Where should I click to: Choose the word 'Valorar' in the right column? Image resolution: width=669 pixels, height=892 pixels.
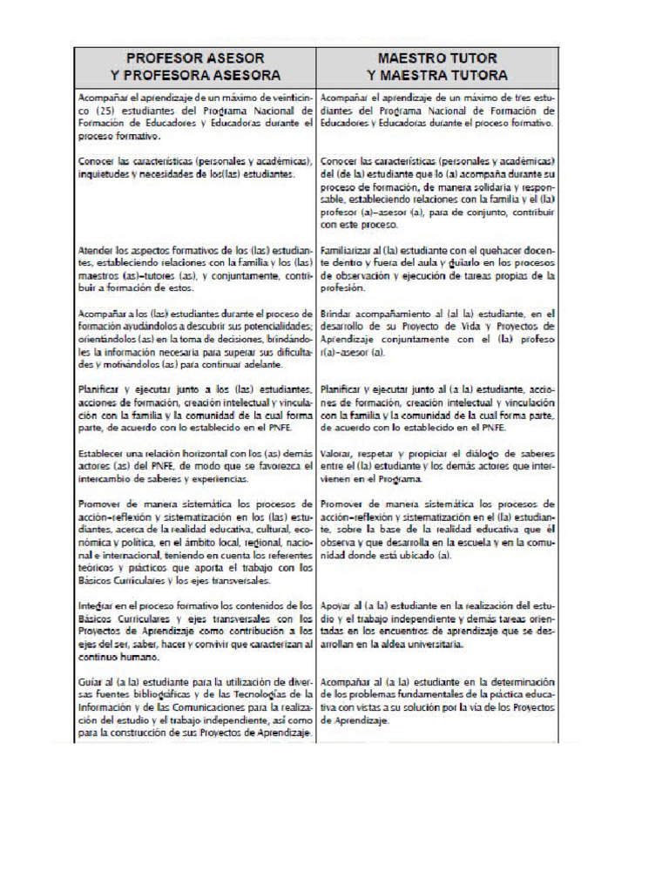click(x=336, y=455)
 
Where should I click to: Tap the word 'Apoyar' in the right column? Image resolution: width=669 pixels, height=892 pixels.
click(x=336, y=605)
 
